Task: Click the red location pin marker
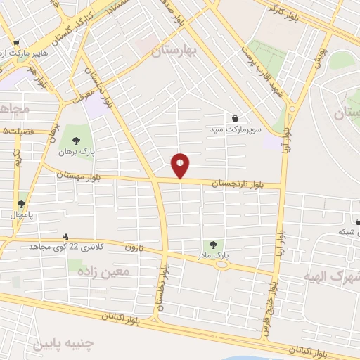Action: pyautogui.click(x=181, y=166)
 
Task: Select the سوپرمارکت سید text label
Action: pyautogui.click(x=234, y=130)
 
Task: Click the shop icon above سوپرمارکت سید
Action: pyautogui.click(x=234, y=118)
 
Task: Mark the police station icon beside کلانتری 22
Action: pyautogui.click(x=65, y=236)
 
